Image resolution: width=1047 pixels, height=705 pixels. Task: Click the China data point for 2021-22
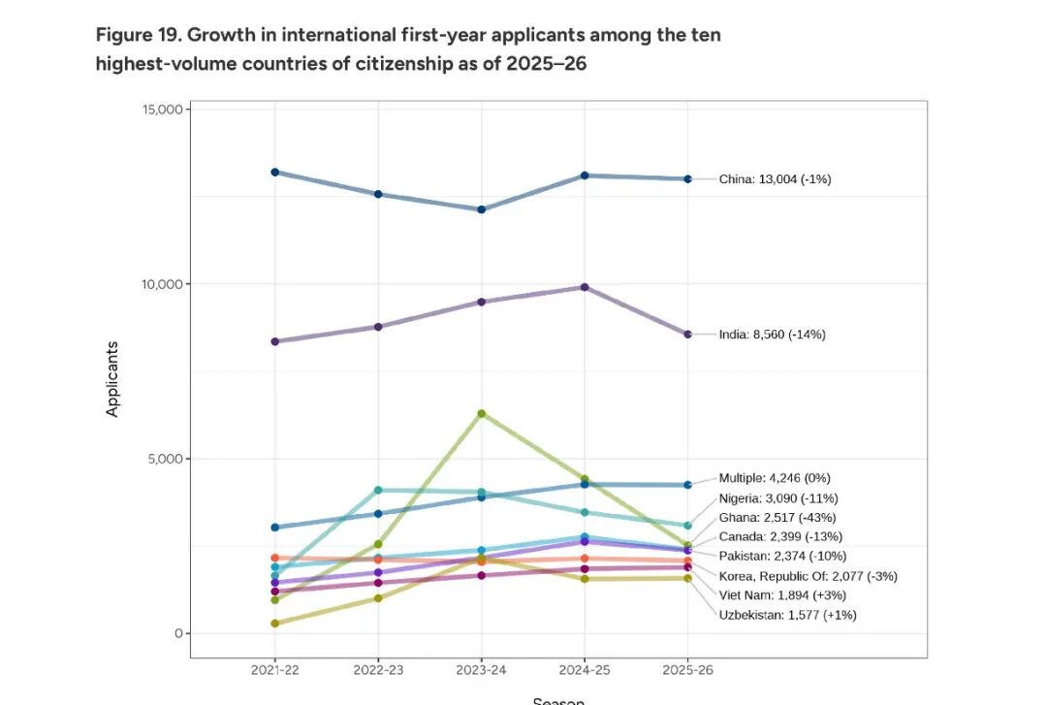275,172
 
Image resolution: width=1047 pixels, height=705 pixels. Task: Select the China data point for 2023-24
482,209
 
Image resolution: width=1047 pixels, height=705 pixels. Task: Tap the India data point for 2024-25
585,287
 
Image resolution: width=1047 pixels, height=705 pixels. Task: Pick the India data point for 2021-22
275,341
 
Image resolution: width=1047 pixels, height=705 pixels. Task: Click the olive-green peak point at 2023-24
482,413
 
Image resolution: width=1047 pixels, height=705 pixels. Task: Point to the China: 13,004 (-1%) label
775,179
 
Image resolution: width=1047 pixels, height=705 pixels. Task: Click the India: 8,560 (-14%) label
772,335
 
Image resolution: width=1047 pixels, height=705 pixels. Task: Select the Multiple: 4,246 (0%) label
774,478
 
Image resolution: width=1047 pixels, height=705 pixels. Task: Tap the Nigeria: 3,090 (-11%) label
777,497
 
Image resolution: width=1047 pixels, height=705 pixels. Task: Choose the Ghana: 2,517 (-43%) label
777,517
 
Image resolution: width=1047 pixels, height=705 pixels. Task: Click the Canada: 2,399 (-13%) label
779,536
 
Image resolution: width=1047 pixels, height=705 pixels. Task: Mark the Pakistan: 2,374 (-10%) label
782,556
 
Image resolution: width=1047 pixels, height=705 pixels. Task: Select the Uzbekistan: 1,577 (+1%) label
787,615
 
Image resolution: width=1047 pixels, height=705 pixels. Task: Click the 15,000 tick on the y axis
163,110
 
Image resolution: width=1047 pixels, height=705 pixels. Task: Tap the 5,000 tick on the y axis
166,459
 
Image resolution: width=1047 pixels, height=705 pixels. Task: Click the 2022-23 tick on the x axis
378,670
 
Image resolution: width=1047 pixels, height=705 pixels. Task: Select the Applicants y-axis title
112,378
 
